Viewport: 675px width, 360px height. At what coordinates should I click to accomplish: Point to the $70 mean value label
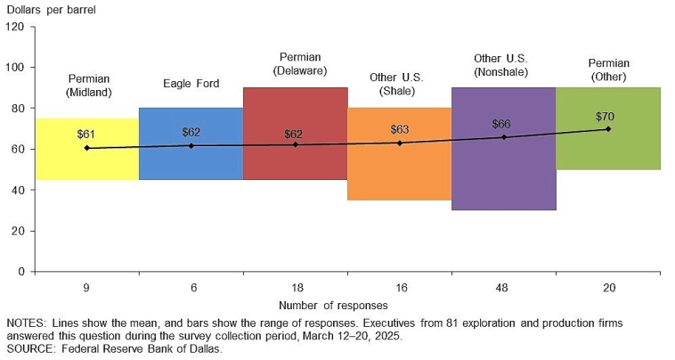click(x=606, y=117)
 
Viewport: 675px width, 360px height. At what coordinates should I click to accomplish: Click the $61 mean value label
click(x=86, y=135)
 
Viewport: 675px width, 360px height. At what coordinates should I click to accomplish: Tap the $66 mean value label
click(x=501, y=124)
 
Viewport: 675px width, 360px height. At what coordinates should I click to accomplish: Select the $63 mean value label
click(x=400, y=130)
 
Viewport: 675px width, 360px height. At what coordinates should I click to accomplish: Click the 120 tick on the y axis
click(x=15, y=27)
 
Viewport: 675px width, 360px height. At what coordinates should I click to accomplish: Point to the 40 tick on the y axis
click(x=18, y=190)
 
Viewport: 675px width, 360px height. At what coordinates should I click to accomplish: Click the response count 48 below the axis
click(x=503, y=288)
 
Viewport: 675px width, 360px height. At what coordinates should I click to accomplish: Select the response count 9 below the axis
click(x=86, y=288)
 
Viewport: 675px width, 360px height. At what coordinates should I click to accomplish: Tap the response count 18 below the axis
click(x=295, y=288)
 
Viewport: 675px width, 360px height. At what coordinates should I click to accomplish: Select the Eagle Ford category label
click(x=191, y=84)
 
